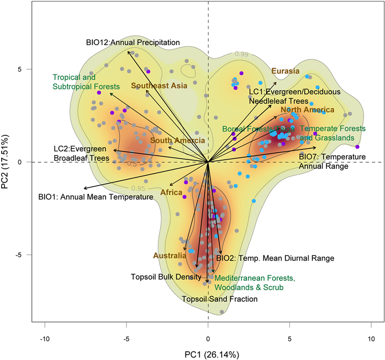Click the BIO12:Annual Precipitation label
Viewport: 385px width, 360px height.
click(x=133, y=42)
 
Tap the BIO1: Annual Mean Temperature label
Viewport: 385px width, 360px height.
click(x=96, y=196)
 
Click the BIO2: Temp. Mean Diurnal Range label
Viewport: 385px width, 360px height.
click(x=275, y=257)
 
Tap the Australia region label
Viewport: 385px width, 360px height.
click(x=168, y=256)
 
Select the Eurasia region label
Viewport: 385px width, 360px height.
click(x=285, y=71)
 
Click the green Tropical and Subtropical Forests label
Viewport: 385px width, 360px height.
click(x=86, y=82)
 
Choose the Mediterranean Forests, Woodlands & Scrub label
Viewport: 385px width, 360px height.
click(x=255, y=283)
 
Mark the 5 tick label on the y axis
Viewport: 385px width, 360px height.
click(x=19, y=70)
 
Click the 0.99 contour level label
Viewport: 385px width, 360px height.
click(x=241, y=53)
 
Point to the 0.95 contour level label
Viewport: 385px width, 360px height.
click(x=138, y=188)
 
